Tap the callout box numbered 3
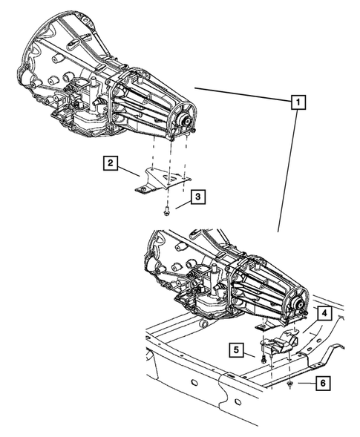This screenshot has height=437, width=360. [x=197, y=197]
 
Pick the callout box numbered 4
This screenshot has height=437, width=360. [x=325, y=315]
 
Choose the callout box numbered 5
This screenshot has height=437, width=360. [x=236, y=350]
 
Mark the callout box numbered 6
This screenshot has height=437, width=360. [x=324, y=384]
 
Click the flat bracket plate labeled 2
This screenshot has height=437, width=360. [x=163, y=180]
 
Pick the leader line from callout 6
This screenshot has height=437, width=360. [x=304, y=384]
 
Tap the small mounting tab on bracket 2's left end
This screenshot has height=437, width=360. [x=139, y=189]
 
